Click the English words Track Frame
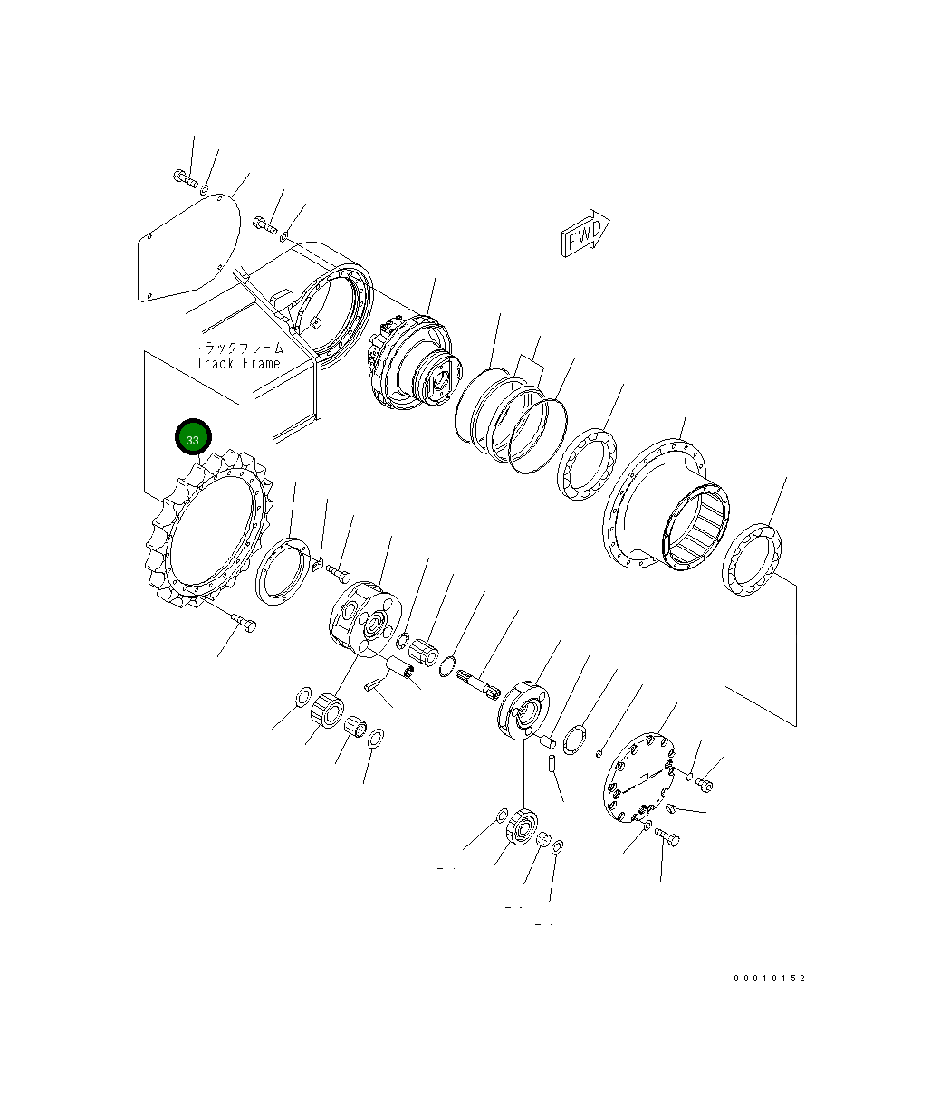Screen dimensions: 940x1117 [x=238, y=363]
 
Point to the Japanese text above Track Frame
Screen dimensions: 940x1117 [x=238, y=348]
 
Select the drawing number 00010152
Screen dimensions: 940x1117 [x=769, y=979]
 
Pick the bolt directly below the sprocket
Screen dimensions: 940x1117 [x=244, y=624]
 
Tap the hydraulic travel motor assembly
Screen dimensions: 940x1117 [x=409, y=363]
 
